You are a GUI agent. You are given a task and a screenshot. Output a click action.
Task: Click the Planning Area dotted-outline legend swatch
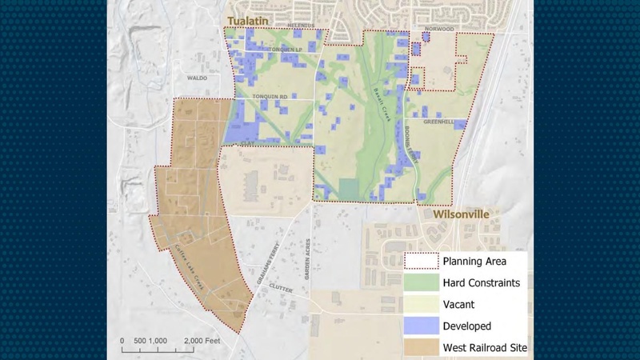[421, 261]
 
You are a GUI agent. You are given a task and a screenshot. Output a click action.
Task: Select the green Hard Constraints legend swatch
[421, 282]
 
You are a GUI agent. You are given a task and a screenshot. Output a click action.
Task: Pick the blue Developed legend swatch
[421, 326]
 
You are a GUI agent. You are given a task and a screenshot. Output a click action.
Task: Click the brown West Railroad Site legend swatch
[421, 347]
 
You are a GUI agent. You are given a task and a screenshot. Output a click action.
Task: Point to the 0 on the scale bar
[122, 341]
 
